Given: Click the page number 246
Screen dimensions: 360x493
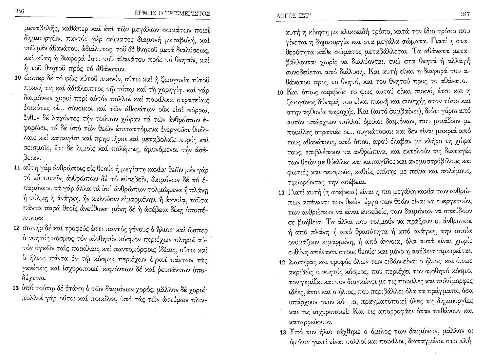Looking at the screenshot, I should pyautogui.click(x=19, y=12).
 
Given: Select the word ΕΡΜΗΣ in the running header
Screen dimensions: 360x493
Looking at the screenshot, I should pyautogui.click(x=145, y=14).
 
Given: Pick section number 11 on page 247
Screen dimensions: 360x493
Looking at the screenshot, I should pyautogui.click(x=281, y=193).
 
